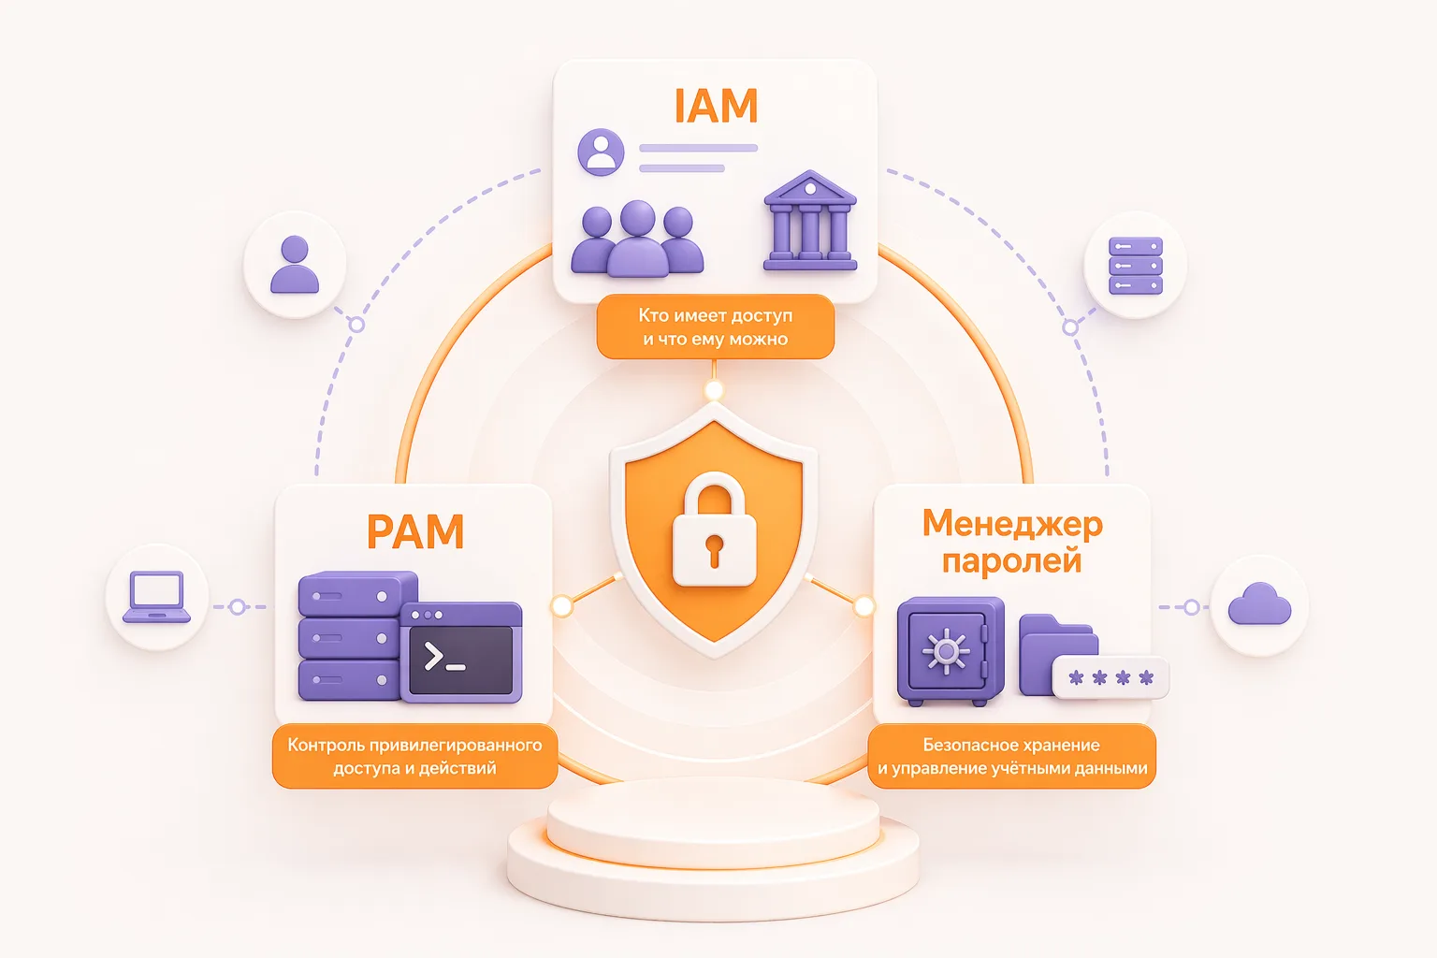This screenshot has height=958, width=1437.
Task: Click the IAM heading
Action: pyautogui.click(x=716, y=105)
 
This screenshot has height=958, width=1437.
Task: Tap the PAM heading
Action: pyautogui.click(x=415, y=531)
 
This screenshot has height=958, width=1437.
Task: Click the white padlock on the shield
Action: pyautogui.click(x=714, y=530)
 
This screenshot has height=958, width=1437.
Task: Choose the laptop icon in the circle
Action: pyautogui.click(x=156, y=597)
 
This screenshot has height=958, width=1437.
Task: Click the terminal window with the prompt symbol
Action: pyautogui.click(x=461, y=652)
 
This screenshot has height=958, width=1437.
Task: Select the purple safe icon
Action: pyautogui.click(x=951, y=651)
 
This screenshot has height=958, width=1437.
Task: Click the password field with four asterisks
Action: pyautogui.click(x=1110, y=677)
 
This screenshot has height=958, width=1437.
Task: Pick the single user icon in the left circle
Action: pyautogui.click(x=295, y=265)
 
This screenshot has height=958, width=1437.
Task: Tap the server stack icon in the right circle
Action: pyautogui.click(x=1136, y=266)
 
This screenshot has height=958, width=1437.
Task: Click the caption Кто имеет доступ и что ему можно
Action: pyautogui.click(x=716, y=327)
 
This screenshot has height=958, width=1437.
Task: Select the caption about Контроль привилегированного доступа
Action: pyautogui.click(x=415, y=757)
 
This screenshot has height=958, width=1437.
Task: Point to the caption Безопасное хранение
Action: pyautogui.click(x=1011, y=745)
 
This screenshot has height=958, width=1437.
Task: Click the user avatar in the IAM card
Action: pyautogui.click(x=602, y=152)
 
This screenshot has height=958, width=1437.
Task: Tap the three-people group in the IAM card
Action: pyautogui.click(x=637, y=239)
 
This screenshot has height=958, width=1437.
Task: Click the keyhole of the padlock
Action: pyautogui.click(x=714, y=551)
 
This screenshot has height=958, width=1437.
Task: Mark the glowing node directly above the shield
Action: pyautogui.click(x=714, y=389)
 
